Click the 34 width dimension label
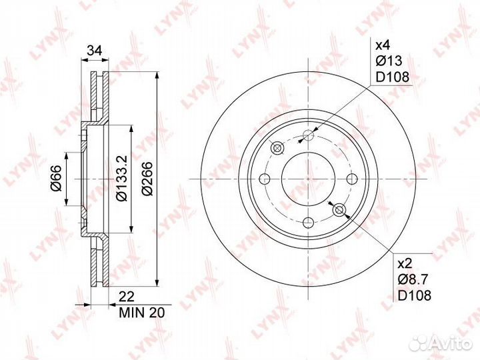click(94, 51)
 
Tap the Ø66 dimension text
click(57, 178)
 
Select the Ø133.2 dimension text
click(122, 178)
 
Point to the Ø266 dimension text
click(147, 179)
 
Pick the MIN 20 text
click(142, 313)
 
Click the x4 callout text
click(383, 45)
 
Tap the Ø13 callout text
click(389, 61)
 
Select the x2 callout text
click(405, 263)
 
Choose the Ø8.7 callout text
click(413, 279)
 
